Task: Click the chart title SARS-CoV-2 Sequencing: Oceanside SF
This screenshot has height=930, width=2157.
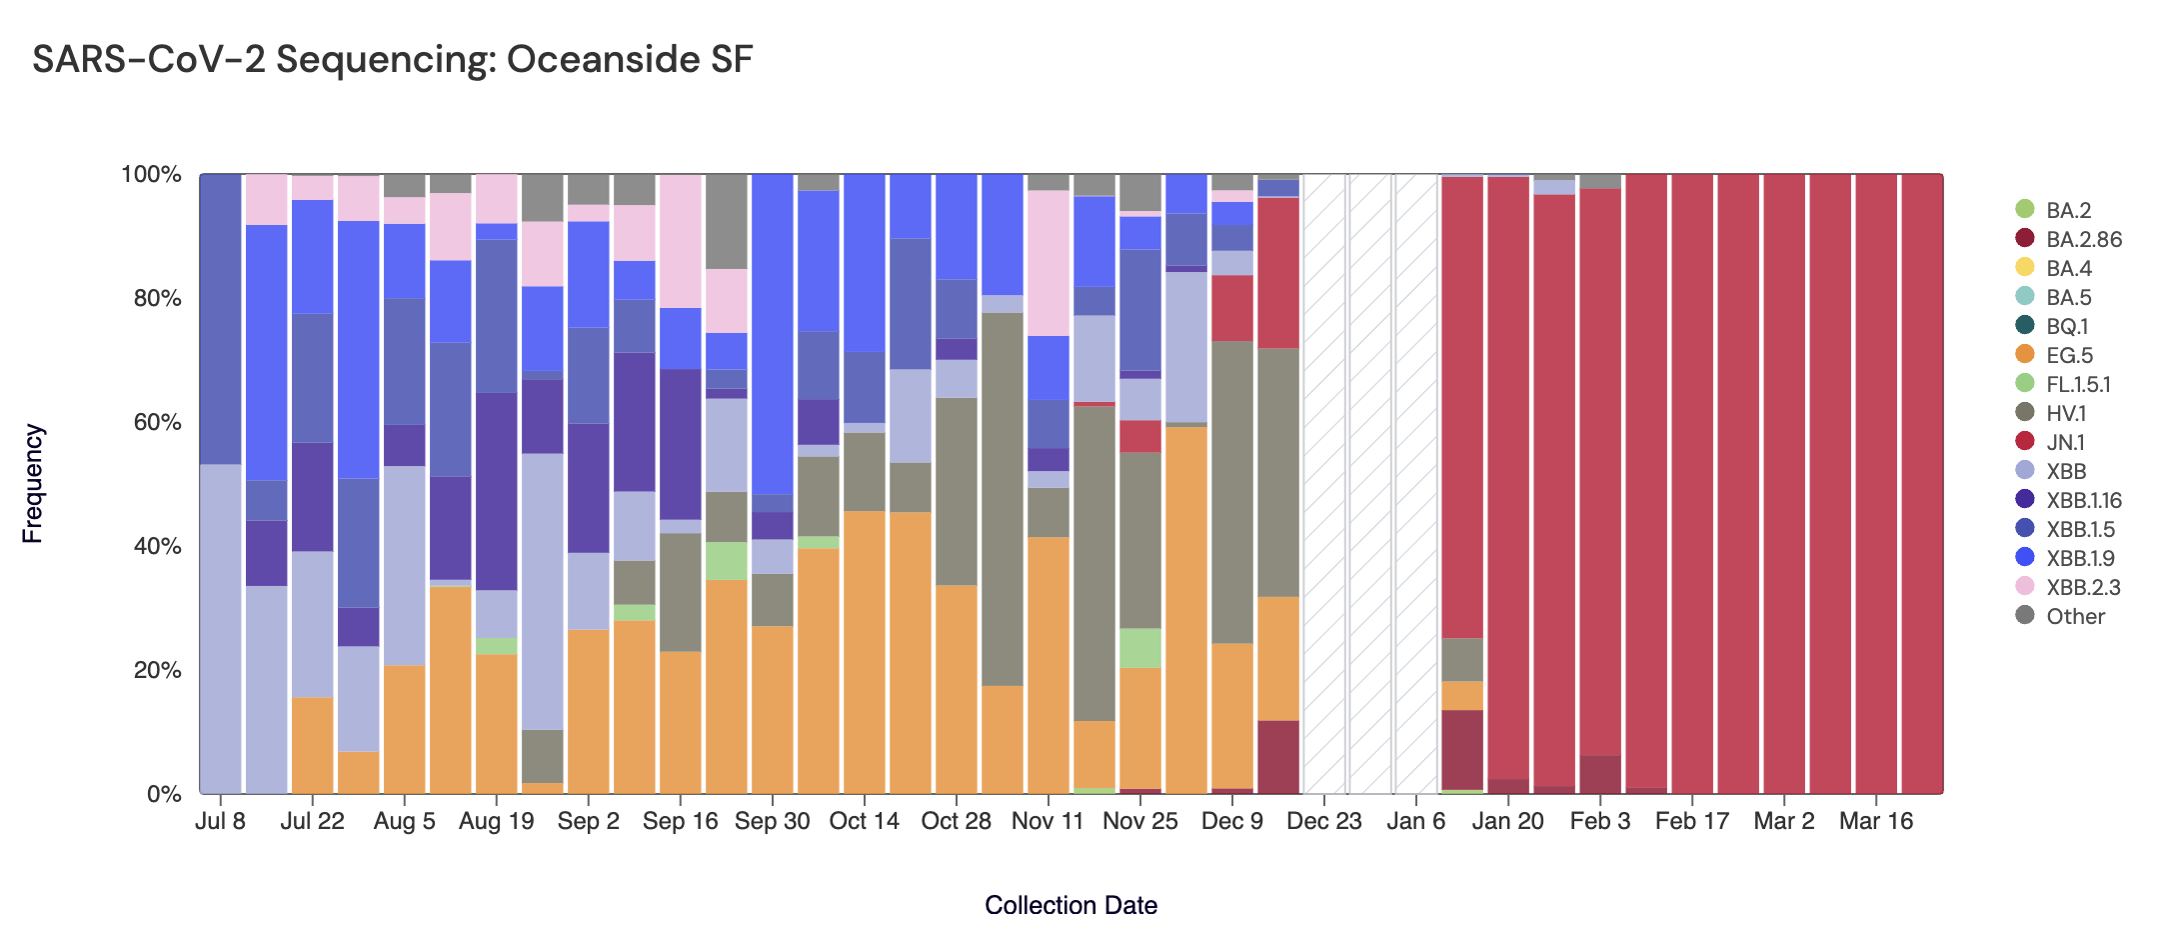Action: [392, 60]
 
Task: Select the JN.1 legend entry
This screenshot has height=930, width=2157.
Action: [2065, 442]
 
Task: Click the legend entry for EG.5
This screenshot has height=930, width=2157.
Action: [2069, 355]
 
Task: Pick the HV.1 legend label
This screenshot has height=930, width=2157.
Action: [2066, 413]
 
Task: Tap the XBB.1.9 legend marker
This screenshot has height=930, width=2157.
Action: [2025, 557]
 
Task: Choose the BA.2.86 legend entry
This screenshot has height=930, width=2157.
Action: [2083, 239]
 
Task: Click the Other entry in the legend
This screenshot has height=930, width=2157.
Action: [2075, 616]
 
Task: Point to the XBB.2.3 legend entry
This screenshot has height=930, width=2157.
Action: [2083, 587]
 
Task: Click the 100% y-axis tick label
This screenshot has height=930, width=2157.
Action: [151, 175]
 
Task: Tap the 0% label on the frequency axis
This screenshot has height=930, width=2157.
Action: [164, 794]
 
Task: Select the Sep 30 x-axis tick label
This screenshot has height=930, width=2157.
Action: [772, 821]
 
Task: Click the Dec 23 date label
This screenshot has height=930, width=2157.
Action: [1323, 821]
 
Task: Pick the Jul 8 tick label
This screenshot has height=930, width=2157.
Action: [220, 821]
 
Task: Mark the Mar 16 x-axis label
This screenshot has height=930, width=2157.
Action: [1875, 821]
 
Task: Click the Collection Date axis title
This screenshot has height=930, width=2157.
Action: [1071, 905]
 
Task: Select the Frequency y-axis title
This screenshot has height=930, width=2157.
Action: [33, 484]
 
